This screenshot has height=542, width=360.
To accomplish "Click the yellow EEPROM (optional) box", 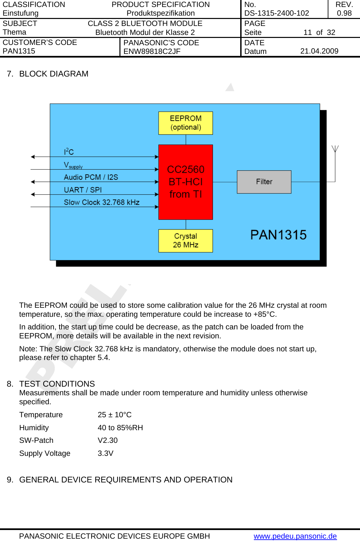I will coord(186,123).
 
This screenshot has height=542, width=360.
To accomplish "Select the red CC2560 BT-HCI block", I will coord(186,182).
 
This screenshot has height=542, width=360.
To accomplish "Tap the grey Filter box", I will coord(264,182).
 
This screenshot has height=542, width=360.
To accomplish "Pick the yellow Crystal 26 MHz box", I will coord(186,241).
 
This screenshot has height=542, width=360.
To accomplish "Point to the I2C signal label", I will coord(69,152).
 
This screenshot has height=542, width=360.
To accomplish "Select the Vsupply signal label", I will coord(73,165).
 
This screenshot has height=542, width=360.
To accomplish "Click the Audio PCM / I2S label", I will coord(91,177).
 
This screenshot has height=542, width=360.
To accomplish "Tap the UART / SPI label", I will coord(83,190).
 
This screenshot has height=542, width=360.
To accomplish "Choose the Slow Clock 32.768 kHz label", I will coord(101,202).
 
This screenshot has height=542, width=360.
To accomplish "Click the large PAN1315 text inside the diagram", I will coord(278,235).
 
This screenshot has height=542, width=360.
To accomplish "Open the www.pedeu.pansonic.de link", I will coord(295,536).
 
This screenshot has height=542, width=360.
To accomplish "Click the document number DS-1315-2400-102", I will coord(276,13).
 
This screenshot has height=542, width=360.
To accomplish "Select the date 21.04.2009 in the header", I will coord(319,51).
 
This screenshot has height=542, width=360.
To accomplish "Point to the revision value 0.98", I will coord(344,13).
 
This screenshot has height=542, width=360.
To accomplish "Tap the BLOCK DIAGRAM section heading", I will coord(54,74).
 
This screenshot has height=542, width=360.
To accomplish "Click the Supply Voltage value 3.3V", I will coord(105,453).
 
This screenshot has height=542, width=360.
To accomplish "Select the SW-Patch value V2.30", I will coord(107,441).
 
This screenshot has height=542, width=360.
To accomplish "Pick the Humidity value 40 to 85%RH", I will coord(120,428).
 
